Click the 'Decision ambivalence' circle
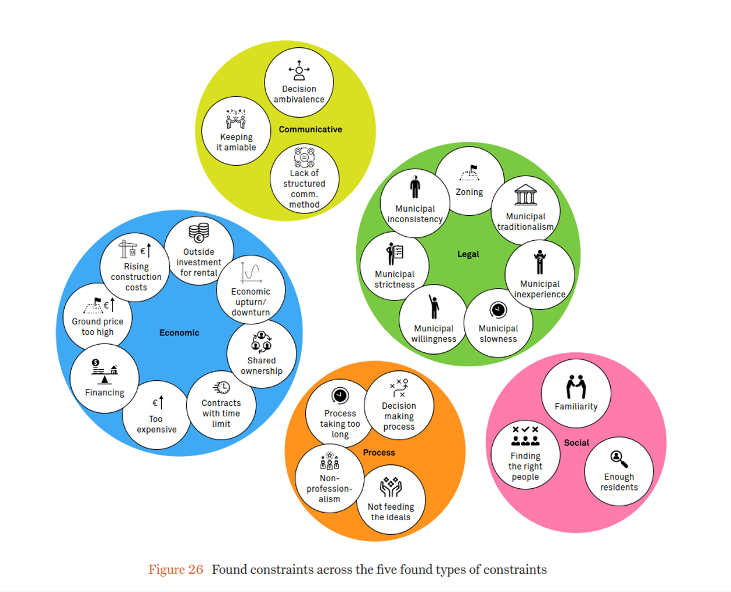[299, 83]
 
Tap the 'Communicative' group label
[310, 129]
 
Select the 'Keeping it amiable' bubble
[236, 131]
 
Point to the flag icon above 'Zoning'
[469, 173]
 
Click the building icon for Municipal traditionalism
[525, 195]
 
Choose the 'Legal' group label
[468, 254]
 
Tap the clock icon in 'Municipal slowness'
[498, 310]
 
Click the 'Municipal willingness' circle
[433, 320]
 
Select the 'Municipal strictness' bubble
[395, 266]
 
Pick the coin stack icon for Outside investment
[199, 233]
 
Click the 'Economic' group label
[179, 333]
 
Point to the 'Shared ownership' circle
[262, 354]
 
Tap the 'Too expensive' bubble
[156, 415]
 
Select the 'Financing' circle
[105, 379]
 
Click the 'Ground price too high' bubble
[98, 318]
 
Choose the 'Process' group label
[379, 453]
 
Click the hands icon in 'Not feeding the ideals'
[391, 487]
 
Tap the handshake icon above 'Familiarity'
[576, 387]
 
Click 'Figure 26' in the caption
[176, 570]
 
